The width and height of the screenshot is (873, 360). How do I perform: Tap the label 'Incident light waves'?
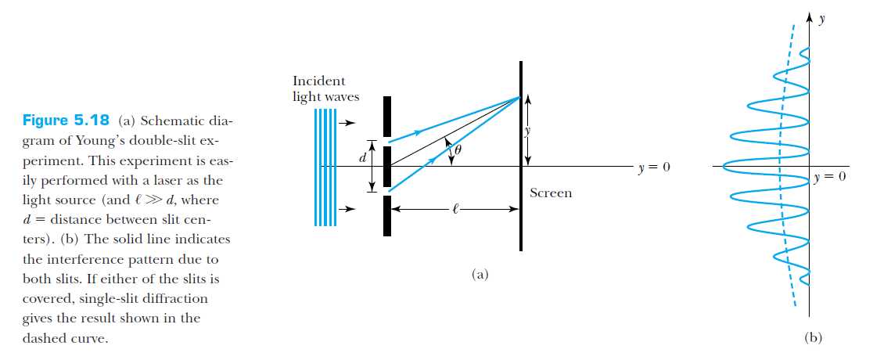tap(319, 88)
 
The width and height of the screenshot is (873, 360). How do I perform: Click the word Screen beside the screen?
tap(550, 193)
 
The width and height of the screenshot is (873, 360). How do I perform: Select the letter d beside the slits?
tap(361, 158)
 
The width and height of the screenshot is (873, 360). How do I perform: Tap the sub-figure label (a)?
tap(480, 274)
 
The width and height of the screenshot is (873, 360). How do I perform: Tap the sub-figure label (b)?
tap(813, 338)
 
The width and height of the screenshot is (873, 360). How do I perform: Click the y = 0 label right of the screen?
tap(654, 167)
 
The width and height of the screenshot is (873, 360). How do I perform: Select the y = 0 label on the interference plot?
tap(830, 178)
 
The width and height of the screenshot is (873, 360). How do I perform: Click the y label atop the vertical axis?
tap(821, 19)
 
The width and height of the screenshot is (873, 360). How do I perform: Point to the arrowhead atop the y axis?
tap(810, 16)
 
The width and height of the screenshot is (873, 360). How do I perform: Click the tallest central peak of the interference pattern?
tap(725, 166)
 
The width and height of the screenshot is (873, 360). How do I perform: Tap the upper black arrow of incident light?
tap(347, 123)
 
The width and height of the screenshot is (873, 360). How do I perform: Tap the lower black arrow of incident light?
tap(347, 209)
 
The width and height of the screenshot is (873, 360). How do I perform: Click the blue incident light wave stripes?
tap(325, 167)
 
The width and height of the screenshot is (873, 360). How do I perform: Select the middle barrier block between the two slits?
tap(386, 166)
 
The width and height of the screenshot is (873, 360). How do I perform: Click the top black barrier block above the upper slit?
tap(386, 115)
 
